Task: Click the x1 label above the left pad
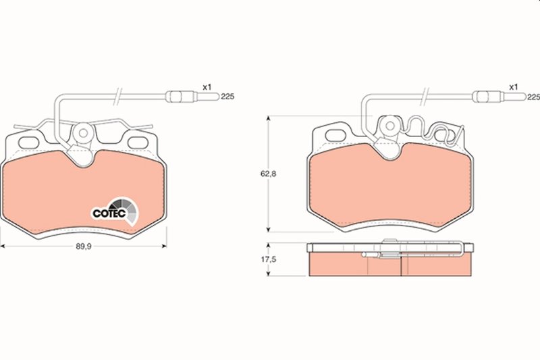[x=208, y=87]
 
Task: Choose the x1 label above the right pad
[x=513, y=87]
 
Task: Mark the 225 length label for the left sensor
[x=227, y=97]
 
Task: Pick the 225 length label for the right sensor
[x=533, y=97]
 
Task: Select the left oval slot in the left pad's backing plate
[x=29, y=143]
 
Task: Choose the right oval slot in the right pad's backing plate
[x=446, y=135]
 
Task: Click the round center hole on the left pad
[x=84, y=132]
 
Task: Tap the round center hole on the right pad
[x=389, y=126]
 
